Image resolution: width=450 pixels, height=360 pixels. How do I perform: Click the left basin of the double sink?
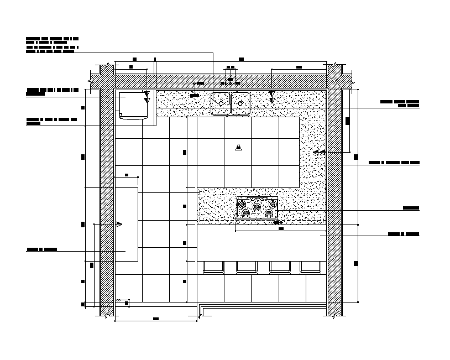click(221, 102)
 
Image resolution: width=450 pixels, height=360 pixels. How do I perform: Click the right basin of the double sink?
click(240, 102)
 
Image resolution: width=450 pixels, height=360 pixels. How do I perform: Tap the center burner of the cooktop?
click(257, 207)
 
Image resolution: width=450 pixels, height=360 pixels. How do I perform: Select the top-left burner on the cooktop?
click(243, 204)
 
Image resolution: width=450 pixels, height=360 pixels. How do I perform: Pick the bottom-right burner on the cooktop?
click(269, 213)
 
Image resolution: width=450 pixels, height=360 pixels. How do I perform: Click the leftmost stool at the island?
click(213, 267)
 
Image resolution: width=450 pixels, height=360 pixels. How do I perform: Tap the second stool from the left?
click(246, 267)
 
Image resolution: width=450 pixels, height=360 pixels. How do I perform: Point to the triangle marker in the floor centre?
click(238, 147)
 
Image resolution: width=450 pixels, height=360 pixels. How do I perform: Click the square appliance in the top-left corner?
click(133, 105)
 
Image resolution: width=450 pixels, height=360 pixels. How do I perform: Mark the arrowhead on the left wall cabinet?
click(119, 224)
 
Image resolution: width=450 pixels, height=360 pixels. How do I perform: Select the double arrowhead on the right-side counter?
click(316, 151)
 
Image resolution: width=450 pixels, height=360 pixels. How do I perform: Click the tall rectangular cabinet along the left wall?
click(127, 224)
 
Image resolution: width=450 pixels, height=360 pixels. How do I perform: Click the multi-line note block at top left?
click(53, 45)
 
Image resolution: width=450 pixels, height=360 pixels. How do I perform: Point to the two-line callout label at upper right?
click(400, 104)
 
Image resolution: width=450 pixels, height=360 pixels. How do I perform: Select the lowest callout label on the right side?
click(403, 234)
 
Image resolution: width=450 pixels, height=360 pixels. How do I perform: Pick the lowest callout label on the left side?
click(42, 250)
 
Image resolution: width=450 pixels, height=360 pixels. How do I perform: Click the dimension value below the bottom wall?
click(156, 319)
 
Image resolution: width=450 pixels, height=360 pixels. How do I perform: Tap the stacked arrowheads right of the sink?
click(272, 97)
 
